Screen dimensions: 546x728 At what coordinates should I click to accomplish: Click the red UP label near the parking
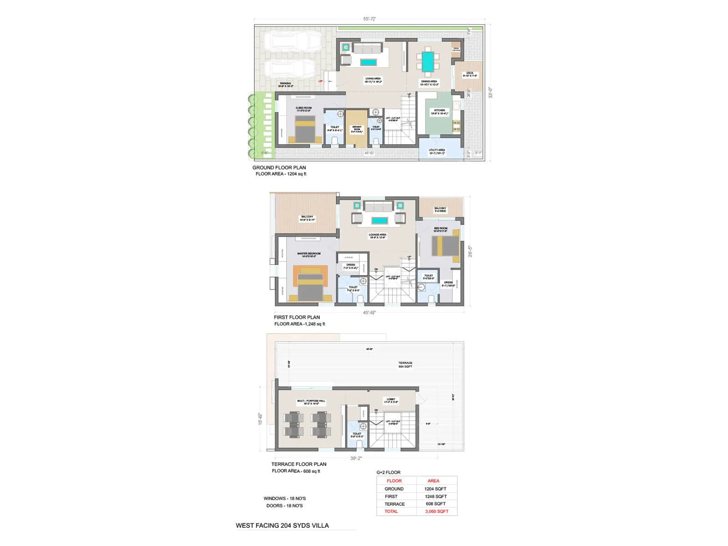[320, 81]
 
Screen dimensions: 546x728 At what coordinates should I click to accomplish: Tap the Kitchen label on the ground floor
[440, 112]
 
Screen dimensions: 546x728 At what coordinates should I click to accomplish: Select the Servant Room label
[357, 129]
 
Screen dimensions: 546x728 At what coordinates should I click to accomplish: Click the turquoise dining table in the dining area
[427, 62]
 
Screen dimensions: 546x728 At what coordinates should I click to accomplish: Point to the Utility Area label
[437, 152]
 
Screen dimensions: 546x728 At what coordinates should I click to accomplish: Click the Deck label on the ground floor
[470, 74]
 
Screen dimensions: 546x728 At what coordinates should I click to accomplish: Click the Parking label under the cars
[285, 85]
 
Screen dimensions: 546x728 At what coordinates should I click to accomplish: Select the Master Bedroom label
[309, 255]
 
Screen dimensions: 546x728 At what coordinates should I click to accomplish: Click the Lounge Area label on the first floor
[377, 236]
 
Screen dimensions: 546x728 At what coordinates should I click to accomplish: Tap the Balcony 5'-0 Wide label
[440, 210]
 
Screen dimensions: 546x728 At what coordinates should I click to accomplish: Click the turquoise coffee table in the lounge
[379, 221]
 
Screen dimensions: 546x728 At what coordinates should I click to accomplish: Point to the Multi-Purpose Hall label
[311, 402]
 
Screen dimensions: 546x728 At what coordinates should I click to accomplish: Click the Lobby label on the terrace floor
[391, 400]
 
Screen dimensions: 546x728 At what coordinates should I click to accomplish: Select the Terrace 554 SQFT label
[405, 364]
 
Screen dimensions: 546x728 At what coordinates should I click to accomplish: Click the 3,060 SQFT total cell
[437, 511]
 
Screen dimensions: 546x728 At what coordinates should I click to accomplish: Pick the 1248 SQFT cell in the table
[436, 496]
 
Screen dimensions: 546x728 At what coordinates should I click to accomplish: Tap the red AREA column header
[433, 481]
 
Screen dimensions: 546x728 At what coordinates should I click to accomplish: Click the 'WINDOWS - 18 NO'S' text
[284, 498]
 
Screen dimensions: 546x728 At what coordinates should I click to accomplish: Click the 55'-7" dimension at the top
[369, 19]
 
